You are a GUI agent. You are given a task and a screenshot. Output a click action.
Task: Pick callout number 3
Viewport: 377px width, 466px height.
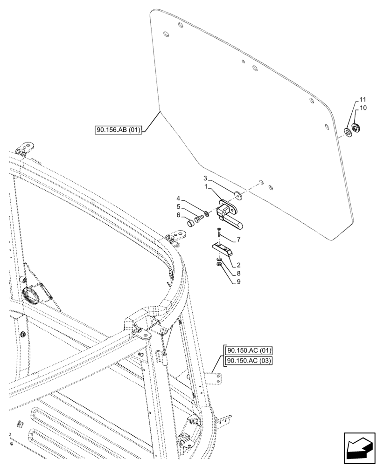[205, 178]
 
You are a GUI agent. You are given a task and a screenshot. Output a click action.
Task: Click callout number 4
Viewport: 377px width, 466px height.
[178, 199]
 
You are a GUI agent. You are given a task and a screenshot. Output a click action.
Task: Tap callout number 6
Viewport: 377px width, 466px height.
[178, 215]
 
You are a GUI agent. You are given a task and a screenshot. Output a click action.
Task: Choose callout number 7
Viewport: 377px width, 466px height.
[238, 240]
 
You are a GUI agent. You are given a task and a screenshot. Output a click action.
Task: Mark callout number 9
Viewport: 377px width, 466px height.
[238, 281]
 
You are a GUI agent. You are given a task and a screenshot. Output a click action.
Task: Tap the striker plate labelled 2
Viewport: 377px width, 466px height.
[222, 249]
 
